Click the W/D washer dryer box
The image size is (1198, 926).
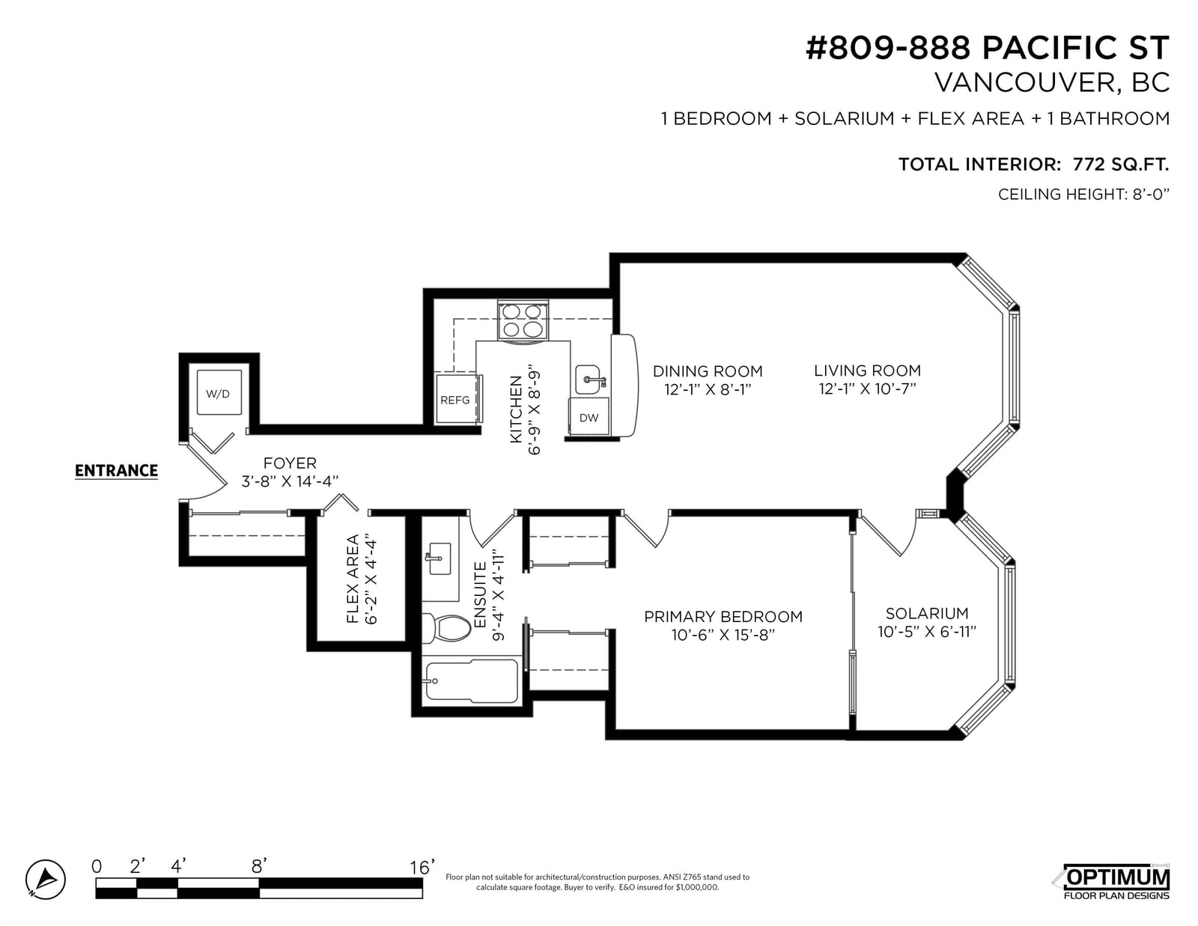219,392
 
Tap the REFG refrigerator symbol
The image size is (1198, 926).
457,399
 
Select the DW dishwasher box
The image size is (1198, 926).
589,417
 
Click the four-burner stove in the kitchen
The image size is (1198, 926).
522,320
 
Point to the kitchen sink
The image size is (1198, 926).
589,380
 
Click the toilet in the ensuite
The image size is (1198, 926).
446,628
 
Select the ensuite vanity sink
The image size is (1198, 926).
440,558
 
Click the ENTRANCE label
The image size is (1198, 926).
116,471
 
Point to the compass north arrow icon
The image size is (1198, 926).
46,880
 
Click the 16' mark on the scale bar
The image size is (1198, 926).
422,868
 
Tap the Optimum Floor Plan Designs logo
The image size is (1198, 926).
1116,882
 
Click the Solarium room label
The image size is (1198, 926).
927,614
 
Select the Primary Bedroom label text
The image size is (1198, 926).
723,616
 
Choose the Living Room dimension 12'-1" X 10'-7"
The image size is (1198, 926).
867,389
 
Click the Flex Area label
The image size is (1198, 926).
353,579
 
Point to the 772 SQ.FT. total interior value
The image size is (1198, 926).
1121,164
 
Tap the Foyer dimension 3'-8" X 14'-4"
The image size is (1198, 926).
290,481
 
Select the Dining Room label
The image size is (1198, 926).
708,371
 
